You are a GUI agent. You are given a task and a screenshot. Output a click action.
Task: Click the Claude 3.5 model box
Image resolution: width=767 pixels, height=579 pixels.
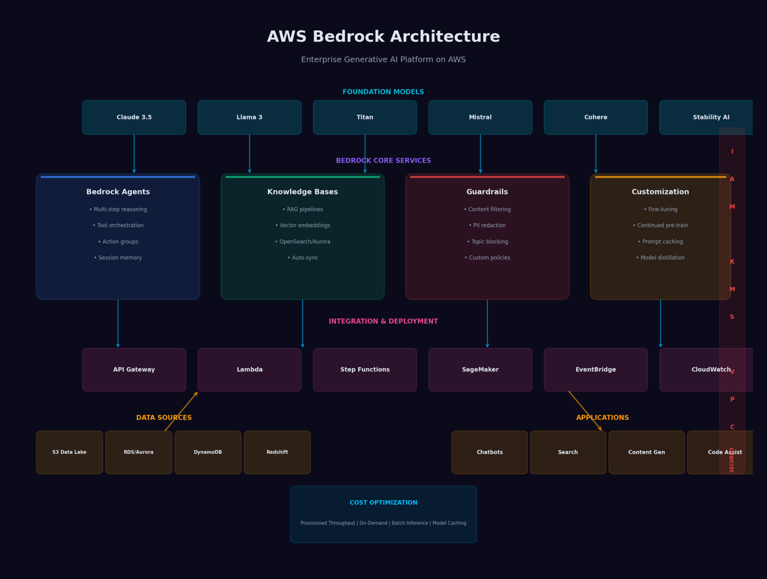[x=134, y=117]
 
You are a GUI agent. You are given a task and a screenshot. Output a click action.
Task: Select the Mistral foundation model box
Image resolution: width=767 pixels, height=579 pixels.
[x=480, y=117]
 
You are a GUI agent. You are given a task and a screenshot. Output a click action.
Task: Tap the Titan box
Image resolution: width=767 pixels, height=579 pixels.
[x=365, y=117]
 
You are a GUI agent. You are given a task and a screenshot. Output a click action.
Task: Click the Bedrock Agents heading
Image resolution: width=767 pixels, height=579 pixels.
[x=118, y=192]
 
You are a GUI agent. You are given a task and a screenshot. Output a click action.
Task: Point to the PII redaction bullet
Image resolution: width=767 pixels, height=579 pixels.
[x=487, y=225]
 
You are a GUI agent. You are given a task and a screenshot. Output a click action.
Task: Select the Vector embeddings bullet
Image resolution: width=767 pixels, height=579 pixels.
[x=303, y=225]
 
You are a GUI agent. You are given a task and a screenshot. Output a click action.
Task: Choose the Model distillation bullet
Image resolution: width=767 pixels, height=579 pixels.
[x=660, y=258]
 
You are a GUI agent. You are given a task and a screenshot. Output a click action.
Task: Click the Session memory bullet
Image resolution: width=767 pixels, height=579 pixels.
[x=118, y=258]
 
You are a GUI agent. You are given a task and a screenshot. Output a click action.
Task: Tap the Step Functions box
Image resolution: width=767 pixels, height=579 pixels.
[x=365, y=370]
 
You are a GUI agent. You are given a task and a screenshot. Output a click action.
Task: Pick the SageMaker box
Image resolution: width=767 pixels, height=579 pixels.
[x=480, y=370]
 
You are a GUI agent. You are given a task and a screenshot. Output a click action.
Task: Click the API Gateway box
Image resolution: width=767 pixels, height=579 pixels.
[x=134, y=370]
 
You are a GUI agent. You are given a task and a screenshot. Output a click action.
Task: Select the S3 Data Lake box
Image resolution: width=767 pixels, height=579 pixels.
[x=69, y=452]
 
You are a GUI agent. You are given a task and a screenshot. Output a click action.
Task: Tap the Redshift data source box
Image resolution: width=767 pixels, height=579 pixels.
[x=277, y=452]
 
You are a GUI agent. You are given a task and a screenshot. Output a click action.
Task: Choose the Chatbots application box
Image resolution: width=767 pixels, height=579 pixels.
[x=489, y=452]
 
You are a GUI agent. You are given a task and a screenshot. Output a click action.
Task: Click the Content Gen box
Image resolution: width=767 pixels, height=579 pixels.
[x=646, y=452]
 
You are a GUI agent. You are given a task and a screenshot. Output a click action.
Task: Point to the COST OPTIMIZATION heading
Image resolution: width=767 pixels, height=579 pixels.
[x=383, y=503]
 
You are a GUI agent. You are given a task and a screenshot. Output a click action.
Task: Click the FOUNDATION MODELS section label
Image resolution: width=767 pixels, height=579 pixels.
[x=383, y=92]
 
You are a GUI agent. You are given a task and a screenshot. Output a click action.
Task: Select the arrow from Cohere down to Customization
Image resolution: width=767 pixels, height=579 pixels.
[x=596, y=154]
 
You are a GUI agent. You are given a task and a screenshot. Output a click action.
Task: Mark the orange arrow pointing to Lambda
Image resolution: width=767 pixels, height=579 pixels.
[x=181, y=411]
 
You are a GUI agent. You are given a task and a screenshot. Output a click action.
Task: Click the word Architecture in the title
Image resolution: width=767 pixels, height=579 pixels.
[x=444, y=37]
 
